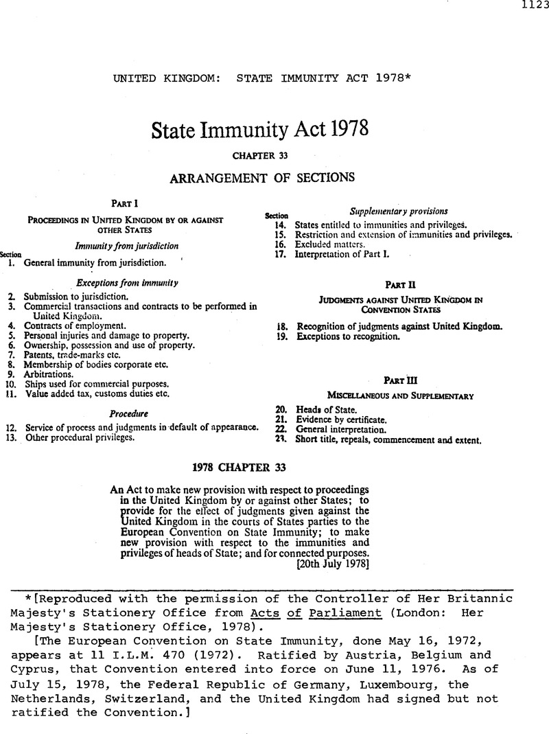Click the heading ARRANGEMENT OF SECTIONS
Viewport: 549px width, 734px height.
click(x=261, y=177)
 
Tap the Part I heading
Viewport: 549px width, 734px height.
click(x=124, y=203)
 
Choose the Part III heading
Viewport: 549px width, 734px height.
click(x=399, y=379)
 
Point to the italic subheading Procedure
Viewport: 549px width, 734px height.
click(x=129, y=414)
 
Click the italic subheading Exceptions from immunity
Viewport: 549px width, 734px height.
click(x=127, y=282)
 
